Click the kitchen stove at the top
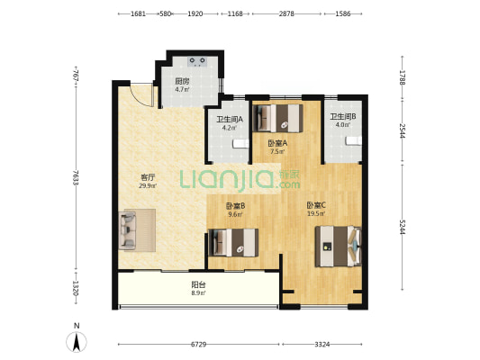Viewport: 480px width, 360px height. click(x=197, y=61)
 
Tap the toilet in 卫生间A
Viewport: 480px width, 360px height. click(x=240, y=143)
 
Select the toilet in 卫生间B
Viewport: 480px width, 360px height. click(x=354, y=140)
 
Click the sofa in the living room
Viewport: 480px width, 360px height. click(x=127, y=230)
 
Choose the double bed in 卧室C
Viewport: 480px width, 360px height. click(x=339, y=247)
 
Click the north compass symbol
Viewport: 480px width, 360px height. click(x=77, y=341)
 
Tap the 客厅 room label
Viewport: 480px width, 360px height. click(x=148, y=177)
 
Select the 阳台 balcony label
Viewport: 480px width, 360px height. click(x=198, y=284)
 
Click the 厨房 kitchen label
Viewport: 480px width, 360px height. click(x=182, y=81)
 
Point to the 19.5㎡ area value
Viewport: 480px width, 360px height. click(x=316, y=214)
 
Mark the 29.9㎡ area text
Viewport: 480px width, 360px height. click(x=148, y=185)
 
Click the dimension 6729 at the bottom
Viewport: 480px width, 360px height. click(x=198, y=345)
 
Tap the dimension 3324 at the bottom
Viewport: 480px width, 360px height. click(x=322, y=345)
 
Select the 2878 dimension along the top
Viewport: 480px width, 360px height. click(x=286, y=13)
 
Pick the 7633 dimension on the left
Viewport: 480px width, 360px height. click(x=76, y=177)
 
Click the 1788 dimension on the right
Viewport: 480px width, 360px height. click(x=403, y=77)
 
